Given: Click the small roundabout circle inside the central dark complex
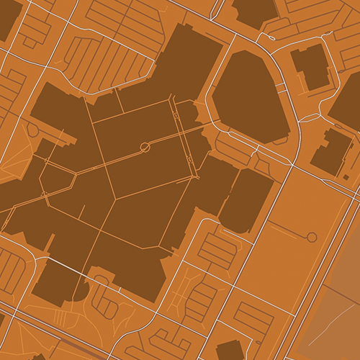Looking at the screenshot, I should click(145, 147).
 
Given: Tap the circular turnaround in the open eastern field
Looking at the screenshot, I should click(312, 237).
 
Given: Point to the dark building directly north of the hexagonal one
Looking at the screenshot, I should click(255, 11).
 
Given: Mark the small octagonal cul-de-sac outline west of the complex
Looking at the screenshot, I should click(33, 130).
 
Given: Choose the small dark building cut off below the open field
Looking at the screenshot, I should click(230, 350).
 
